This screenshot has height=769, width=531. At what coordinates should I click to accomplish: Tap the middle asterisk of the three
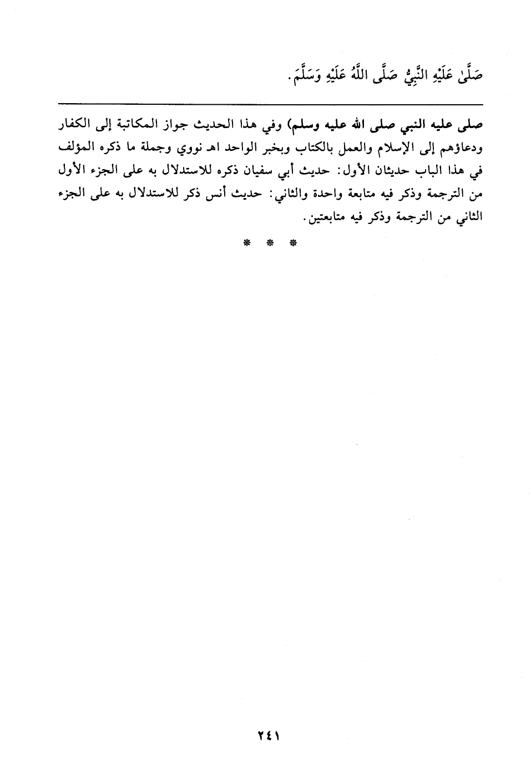point(269,242)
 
